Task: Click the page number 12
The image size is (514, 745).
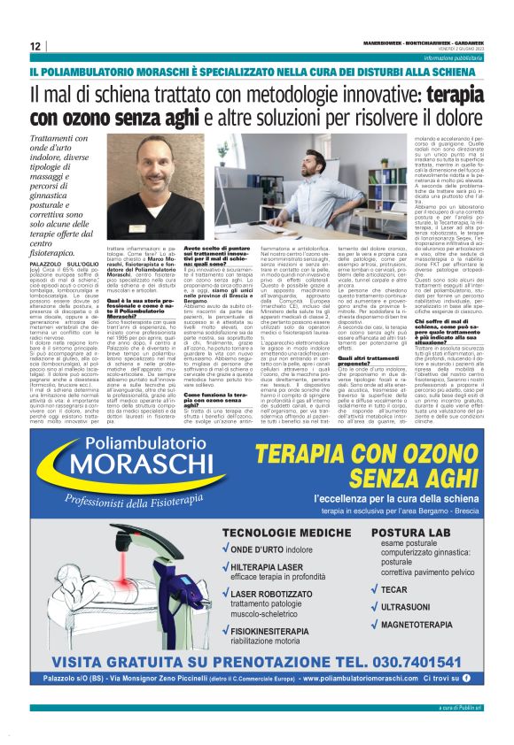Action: point(34,46)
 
